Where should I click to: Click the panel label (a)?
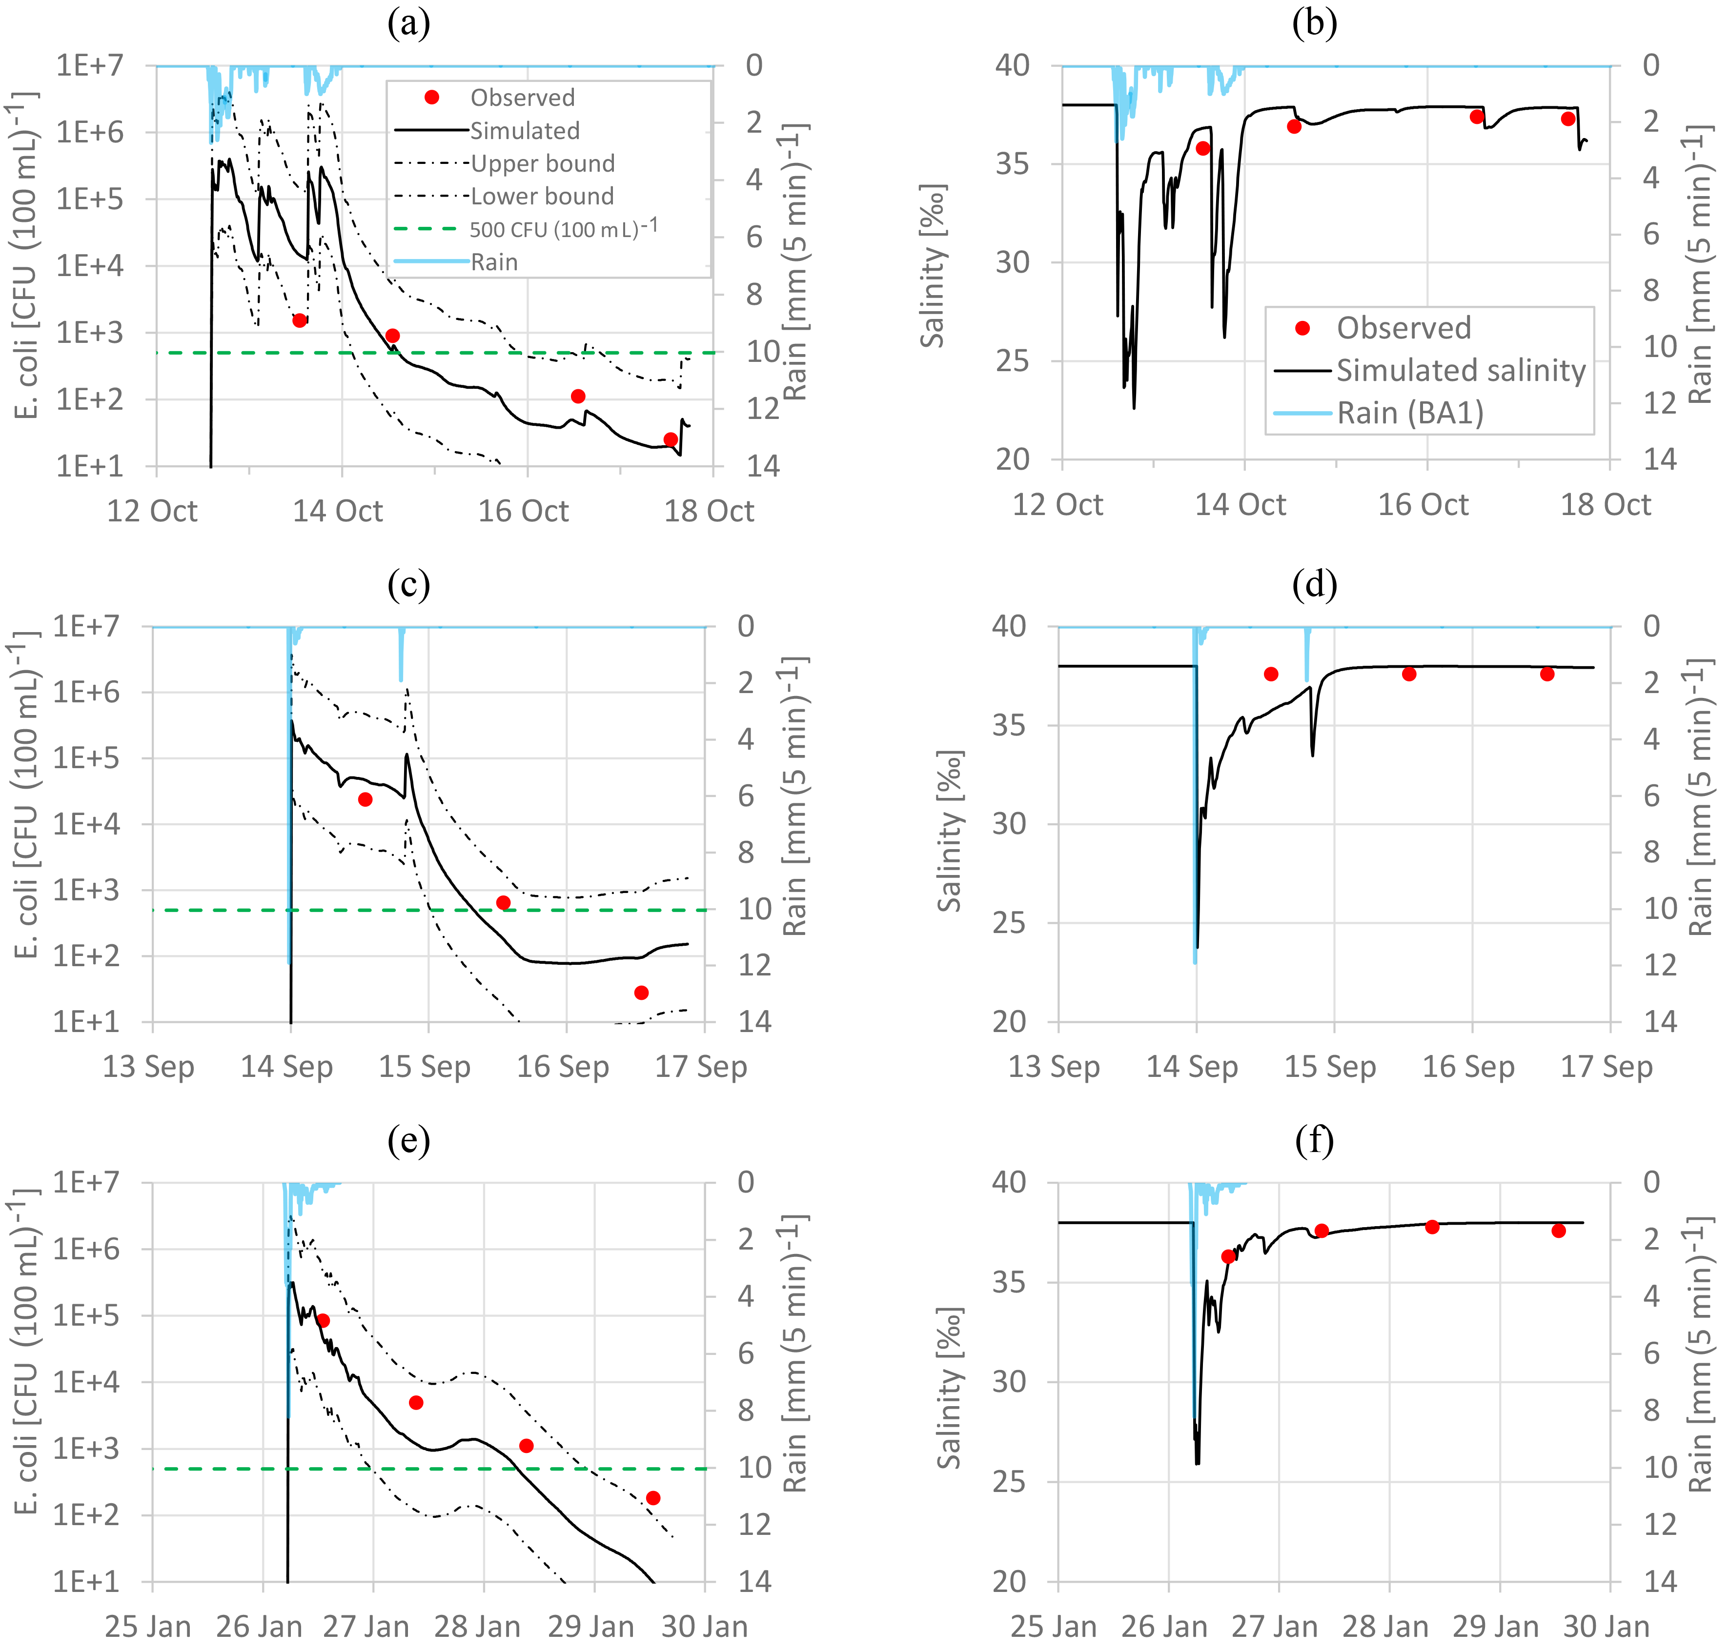[x=408, y=24]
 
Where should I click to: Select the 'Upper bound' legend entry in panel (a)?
[x=542, y=163]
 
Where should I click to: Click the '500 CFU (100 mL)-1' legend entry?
[x=563, y=229]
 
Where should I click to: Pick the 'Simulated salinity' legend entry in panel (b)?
[x=1461, y=370]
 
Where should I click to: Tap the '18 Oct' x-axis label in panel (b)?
[x=1606, y=505]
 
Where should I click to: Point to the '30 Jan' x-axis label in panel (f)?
[x=1606, y=1626]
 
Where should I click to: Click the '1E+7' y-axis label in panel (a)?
[x=90, y=65]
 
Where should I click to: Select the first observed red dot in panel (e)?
[x=323, y=1320]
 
